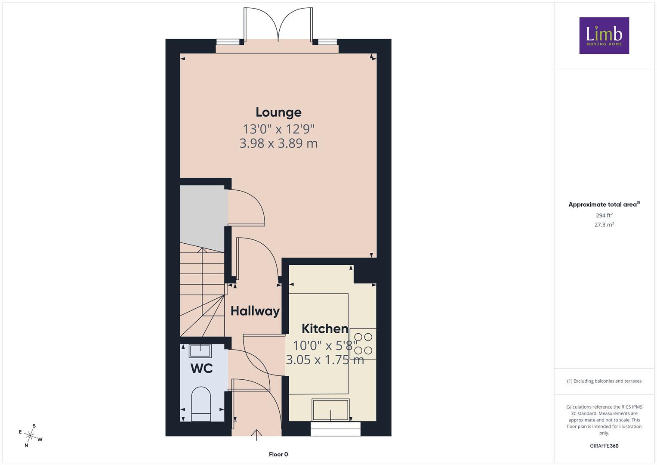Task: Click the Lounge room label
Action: point(278,112)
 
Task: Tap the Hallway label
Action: point(255,311)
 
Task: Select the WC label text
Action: point(201,369)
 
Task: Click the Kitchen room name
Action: point(325,329)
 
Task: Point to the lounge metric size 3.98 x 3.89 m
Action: point(278,143)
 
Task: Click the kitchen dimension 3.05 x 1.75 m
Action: point(325,360)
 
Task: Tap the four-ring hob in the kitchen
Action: point(363,344)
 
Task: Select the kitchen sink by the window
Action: point(330,410)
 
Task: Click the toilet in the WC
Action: point(201,404)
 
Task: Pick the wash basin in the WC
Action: point(200,351)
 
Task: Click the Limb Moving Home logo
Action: point(604,35)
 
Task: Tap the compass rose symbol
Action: point(30,436)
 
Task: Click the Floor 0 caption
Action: point(278,454)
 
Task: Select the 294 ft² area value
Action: point(604,215)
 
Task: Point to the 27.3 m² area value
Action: point(604,225)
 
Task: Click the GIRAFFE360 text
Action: point(604,446)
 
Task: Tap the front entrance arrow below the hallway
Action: point(256,435)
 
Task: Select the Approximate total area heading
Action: point(604,205)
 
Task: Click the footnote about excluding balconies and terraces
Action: point(604,381)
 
